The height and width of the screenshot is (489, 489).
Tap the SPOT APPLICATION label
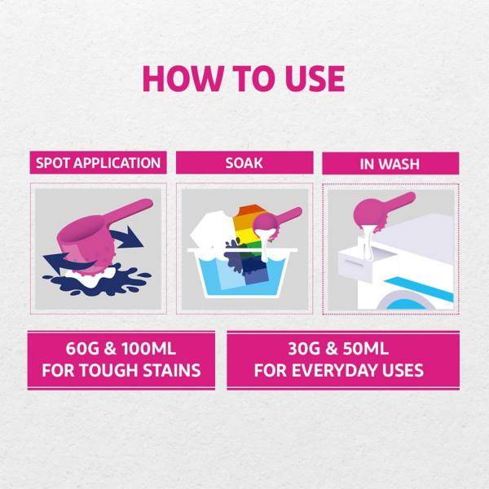(98, 163)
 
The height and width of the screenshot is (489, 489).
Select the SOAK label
(244, 163)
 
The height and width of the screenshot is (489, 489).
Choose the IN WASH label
(390, 164)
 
